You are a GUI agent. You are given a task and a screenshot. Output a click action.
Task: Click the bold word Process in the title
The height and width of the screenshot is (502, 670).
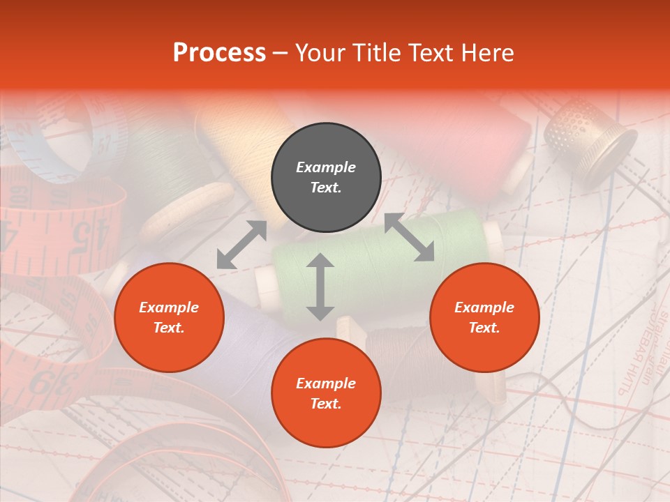pyautogui.click(x=219, y=53)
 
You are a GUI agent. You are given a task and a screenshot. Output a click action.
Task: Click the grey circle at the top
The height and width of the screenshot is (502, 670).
pyautogui.click(x=326, y=178)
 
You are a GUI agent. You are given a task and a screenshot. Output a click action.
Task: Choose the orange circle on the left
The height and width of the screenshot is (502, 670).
pyautogui.click(x=169, y=317)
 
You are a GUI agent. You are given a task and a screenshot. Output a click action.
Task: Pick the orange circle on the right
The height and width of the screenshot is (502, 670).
pyautogui.click(x=484, y=317)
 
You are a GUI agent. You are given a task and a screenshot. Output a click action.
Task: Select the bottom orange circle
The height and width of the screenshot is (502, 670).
pyautogui.click(x=326, y=393)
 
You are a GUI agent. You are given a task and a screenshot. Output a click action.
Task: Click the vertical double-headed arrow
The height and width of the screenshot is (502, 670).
pyautogui.click(x=320, y=287)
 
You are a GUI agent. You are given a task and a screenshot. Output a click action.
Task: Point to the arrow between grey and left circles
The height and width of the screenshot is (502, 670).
pyautogui.click(x=241, y=245)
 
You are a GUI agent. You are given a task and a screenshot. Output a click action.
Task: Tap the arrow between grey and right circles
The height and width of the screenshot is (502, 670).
pyautogui.click(x=409, y=238)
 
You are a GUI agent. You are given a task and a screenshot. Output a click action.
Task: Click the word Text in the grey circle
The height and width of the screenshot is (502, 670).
pyautogui.click(x=325, y=188)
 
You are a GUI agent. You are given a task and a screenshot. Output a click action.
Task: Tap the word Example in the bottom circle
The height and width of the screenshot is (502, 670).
pyautogui.click(x=326, y=383)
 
